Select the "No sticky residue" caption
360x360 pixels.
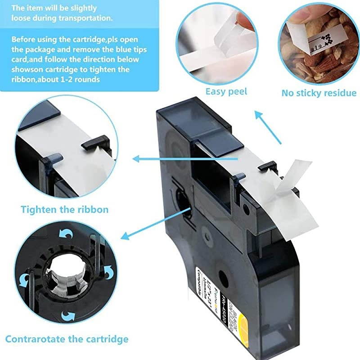pyautogui.click(x=319, y=93)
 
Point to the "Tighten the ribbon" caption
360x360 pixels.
pyautogui.click(x=64, y=209)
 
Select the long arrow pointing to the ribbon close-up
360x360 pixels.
pyautogui.click(x=180, y=158)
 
